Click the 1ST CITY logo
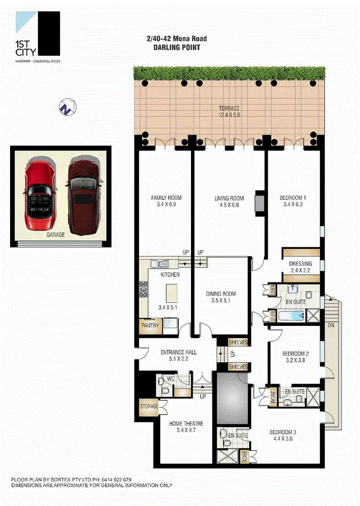(x=38, y=36)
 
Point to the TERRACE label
(x=229, y=108)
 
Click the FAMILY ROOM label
(x=166, y=198)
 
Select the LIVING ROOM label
(x=228, y=198)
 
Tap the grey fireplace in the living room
(x=259, y=201)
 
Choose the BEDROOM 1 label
(x=293, y=198)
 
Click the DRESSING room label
(x=300, y=264)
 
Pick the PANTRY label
(x=150, y=325)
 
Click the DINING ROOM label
(x=221, y=294)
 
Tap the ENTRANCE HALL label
(x=179, y=352)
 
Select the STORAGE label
(x=149, y=407)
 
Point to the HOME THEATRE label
(x=186, y=423)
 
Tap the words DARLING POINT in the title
(x=177, y=48)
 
